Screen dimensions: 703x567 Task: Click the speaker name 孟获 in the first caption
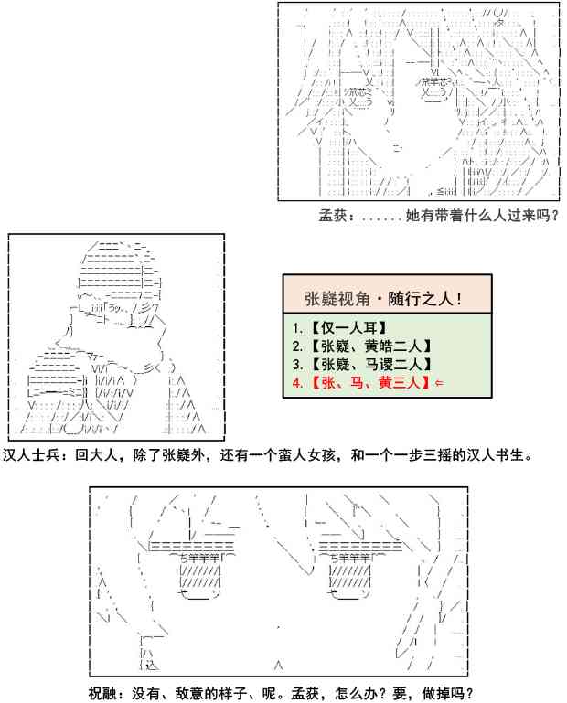(331, 217)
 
